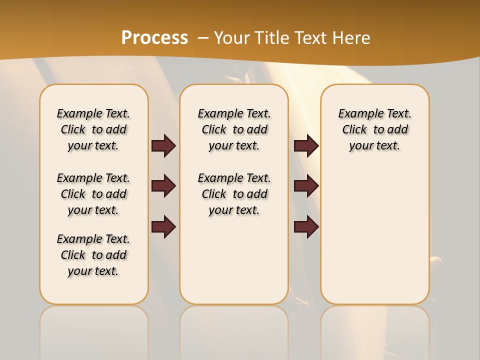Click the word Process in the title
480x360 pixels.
[x=154, y=38]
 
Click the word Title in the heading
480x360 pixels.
[x=273, y=38]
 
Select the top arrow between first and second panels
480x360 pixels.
[x=163, y=145]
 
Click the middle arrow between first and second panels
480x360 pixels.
[x=163, y=186]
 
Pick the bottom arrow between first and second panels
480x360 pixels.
[x=163, y=227]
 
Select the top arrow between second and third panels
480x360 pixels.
[x=306, y=145]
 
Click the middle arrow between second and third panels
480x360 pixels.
[x=306, y=186]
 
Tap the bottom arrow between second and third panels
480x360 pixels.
[x=306, y=227]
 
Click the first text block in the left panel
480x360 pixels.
[x=93, y=129]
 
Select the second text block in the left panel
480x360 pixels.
[x=93, y=194]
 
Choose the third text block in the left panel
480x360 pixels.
[x=93, y=255]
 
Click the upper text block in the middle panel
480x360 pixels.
[x=234, y=129]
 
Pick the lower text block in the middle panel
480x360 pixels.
[x=234, y=194]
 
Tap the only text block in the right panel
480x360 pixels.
[x=375, y=129]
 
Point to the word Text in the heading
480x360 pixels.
[x=311, y=38]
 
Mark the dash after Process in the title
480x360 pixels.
[x=203, y=38]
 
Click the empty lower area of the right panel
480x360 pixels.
[x=375, y=235]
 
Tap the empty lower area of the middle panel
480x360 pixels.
[x=234, y=260]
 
